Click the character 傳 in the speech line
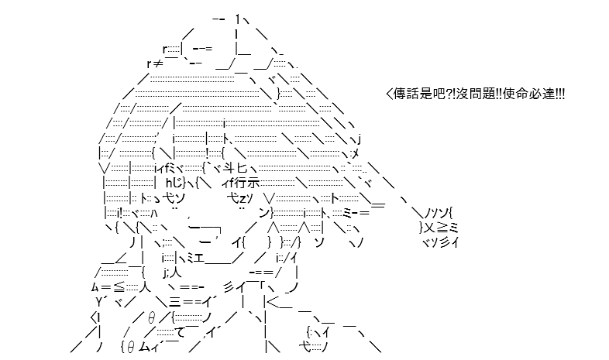coord(400,94)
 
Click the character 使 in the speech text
coord(509,94)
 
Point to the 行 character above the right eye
coord(241,183)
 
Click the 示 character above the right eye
coord(253,183)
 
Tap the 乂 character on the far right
coord(429,228)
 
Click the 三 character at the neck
coord(174,301)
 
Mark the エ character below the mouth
coord(198,258)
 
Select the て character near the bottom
coord(180,332)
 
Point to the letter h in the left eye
coord(169,183)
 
